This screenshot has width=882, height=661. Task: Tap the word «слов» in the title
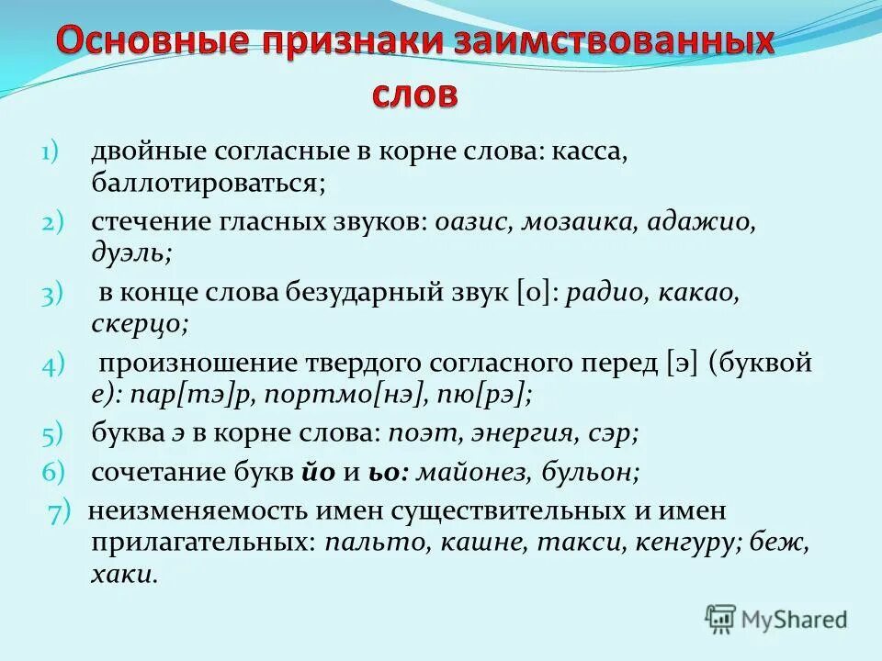[413, 95]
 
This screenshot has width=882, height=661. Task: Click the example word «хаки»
[123, 575]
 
